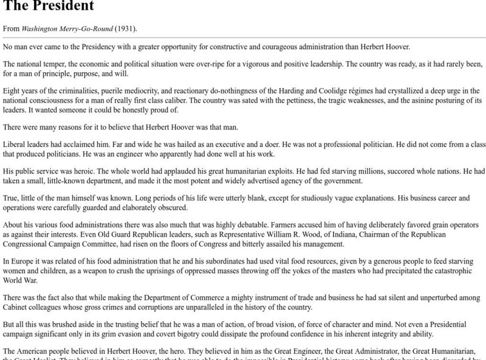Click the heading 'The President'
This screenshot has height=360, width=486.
49,7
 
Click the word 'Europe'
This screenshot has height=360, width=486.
23,261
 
